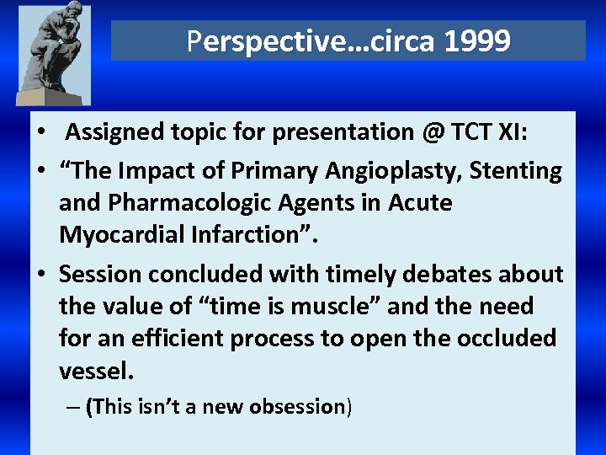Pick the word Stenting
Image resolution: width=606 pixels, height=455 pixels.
point(516,171)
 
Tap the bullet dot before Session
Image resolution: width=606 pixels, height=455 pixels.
point(43,275)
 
